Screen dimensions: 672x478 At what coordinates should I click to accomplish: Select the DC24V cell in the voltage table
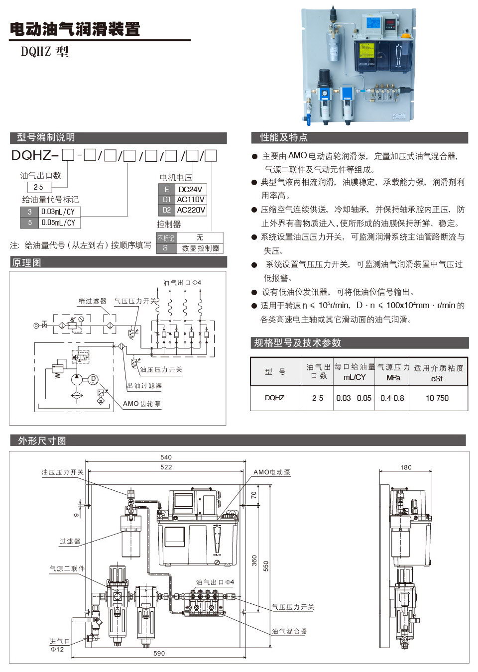tap(191, 189)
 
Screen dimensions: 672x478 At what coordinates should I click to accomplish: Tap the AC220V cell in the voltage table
tap(191, 210)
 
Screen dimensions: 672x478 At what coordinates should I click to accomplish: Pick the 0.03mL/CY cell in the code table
tap(58, 212)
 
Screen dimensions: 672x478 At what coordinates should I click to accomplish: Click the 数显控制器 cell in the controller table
tap(200, 248)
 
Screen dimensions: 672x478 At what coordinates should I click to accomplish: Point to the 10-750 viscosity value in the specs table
tap(437, 398)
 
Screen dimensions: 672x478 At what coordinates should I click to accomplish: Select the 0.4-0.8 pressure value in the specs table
tap(392, 398)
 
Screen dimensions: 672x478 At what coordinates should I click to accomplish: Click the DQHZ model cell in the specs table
tap(274, 398)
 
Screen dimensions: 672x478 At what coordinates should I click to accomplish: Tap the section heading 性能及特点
tap(284, 138)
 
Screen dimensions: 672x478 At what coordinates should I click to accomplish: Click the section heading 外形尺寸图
tap(42, 441)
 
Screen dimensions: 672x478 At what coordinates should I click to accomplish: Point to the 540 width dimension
tap(166, 457)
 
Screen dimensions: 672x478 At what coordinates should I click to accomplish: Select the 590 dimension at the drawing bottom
tap(159, 653)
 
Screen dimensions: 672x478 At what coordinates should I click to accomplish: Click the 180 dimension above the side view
tap(406, 467)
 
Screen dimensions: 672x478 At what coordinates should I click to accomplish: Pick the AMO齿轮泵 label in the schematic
tap(142, 404)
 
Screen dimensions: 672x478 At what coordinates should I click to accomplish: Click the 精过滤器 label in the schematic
tap(93, 301)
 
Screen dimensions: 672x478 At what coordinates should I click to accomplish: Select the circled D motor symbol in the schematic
tap(93, 379)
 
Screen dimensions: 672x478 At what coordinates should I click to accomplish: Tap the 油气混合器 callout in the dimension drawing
tap(289, 631)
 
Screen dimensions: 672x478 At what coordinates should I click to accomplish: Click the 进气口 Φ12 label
tap(60, 645)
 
